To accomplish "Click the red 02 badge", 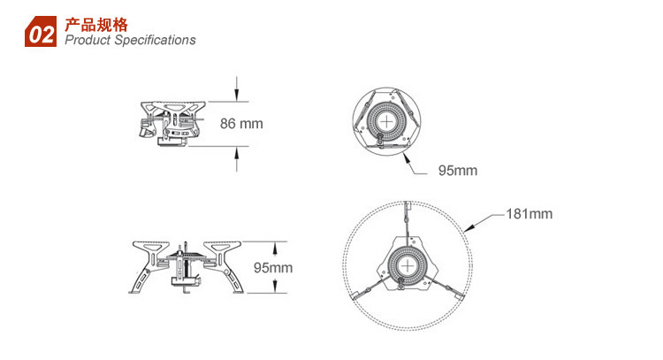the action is point(41,31).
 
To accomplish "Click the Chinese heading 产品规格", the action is point(96,25).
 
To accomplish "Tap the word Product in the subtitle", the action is point(88,40).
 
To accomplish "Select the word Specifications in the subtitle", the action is point(156,40).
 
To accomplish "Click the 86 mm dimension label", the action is point(241,124).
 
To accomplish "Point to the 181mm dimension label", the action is point(530,214).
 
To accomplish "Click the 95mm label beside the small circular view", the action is point(458,171).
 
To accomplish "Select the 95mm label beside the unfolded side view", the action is point(273,268).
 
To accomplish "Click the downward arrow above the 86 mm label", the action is point(237,88).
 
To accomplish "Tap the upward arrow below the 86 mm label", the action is point(237,159).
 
